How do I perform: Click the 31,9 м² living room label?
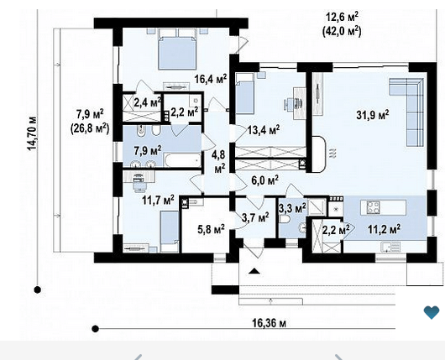[x=373, y=115]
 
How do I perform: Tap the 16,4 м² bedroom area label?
[x=211, y=79]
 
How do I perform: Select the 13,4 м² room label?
[x=264, y=130]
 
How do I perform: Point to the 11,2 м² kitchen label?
[x=385, y=228]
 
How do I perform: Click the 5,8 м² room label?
[x=211, y=228]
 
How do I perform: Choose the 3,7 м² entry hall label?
[x=256, y=217]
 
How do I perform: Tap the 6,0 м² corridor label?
[x=265, y=180]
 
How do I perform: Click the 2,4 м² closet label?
[x=148, y=102]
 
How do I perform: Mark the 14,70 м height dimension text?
[x=32, y=133]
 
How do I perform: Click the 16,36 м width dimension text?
[x=269, y=323]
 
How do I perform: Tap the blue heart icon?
[x=432, y=312]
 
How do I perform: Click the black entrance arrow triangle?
[x=254, y=271]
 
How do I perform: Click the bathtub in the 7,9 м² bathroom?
[x=182, y=160]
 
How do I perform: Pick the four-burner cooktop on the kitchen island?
[x=373, y=207]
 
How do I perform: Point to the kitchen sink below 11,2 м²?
[x=390, y=247]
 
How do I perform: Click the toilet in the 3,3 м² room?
[x=285, y=219]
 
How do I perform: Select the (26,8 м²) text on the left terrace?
[x=90, y=129]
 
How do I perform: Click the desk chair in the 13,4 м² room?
[x=294, y=103]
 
